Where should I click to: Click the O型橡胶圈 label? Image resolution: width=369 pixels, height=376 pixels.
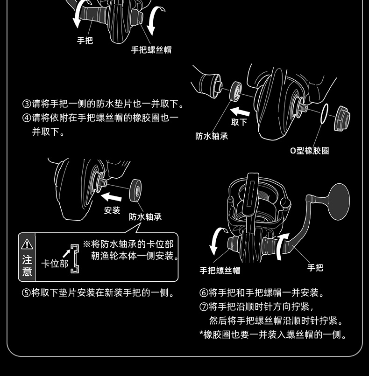tap(310, 151)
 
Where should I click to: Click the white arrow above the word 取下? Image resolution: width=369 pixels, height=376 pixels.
tap(240, 112)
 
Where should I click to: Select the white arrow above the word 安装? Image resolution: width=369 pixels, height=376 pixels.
tap(111, 197)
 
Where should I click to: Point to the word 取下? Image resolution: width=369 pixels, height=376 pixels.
tap(239, 122)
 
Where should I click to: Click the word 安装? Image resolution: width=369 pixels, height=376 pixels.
tap(112, 210)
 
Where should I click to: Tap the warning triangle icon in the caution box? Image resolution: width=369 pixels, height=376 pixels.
tap(27, 244)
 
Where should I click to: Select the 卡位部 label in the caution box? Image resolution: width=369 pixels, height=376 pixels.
tap(55, 264)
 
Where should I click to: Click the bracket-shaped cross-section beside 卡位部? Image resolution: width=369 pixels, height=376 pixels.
tap(75, 259)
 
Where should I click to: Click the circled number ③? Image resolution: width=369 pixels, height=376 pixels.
tap(27, 104)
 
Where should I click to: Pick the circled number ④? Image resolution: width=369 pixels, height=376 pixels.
tap(27, 118)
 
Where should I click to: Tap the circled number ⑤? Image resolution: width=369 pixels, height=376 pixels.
tap(26, 293)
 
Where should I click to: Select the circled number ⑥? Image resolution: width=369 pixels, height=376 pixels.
tap(204, 293)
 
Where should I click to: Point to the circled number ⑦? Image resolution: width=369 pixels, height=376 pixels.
tap(204, 306)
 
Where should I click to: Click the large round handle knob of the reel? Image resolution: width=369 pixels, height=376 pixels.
tap(339, 202)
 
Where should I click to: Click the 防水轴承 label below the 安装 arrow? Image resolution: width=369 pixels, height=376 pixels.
tap(145, 217)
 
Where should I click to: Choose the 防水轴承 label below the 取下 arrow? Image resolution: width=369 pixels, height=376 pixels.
tap(212, 136)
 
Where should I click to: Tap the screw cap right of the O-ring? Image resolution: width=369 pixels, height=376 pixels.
tap(342, 118)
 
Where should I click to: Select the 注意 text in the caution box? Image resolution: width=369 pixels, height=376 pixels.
tap(27, 265)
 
